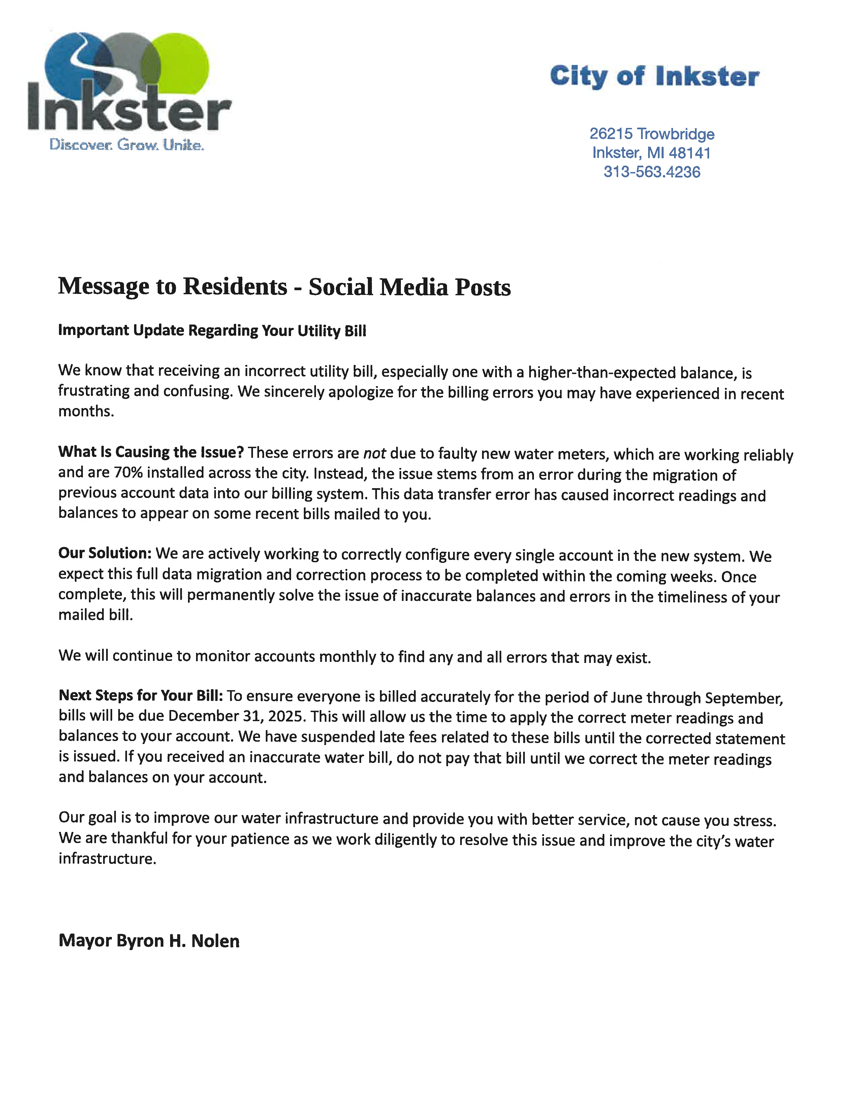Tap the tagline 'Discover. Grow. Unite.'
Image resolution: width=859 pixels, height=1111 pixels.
point(127,145)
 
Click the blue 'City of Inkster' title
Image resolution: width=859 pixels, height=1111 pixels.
point(655,76)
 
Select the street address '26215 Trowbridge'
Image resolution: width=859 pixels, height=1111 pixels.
point(652,134)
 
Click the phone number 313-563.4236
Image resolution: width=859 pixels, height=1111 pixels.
point(652,172)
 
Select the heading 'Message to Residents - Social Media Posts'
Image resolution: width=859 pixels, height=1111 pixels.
point(284,287)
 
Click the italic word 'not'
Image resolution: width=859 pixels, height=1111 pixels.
point(374,453)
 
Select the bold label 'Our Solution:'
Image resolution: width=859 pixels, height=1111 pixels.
point(105,553)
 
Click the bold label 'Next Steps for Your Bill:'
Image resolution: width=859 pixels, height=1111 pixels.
point(141,696)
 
